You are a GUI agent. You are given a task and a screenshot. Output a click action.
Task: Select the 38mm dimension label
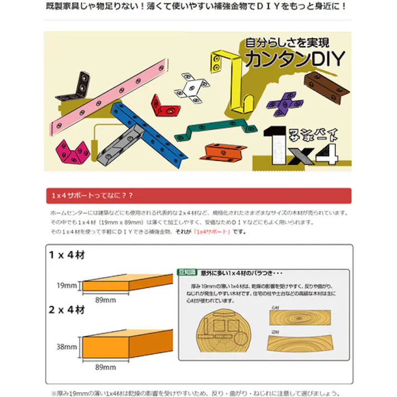(x=66, y=346)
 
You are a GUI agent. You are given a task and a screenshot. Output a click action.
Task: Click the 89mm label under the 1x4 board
(x=105, y=300)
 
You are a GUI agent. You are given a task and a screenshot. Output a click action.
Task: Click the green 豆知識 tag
(x=188, y=273)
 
